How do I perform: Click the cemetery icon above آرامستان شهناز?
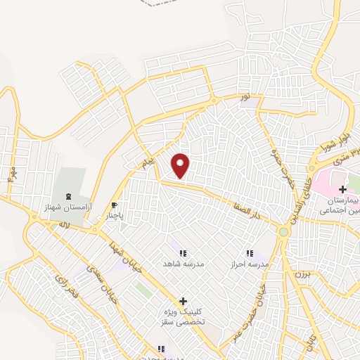[67, 195]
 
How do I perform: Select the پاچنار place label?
[115, 217]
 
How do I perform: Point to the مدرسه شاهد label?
[184, 264]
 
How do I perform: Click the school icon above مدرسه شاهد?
[183, 253]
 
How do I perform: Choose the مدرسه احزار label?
[249, 263]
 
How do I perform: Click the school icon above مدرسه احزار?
[249, 253]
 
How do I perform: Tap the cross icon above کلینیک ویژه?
[183, 301]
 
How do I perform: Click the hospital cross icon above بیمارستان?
[342, 190]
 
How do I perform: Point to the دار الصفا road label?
[249, 207]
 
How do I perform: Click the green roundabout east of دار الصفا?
[283, 231]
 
